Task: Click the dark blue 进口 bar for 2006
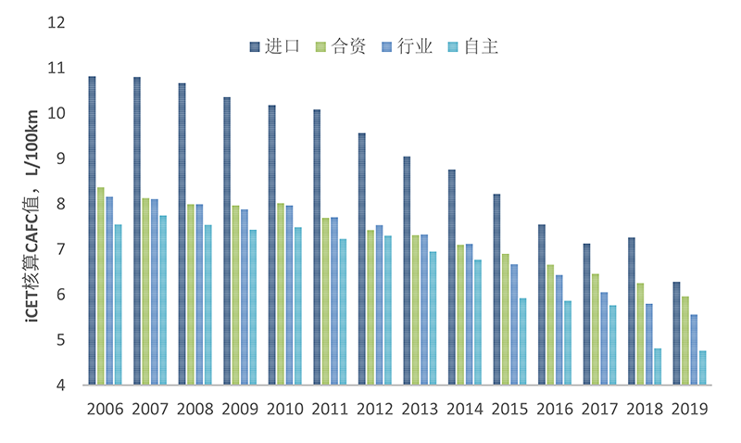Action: pyautogui.click(x=93, y=231)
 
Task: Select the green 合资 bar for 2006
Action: pyautogui.click(x=101, y=286)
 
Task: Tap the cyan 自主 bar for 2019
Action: pyautogui.click(x=703, y=368)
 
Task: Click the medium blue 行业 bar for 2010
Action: pyautogui.click(x=290, y=296)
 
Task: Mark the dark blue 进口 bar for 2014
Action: pyautogui.click(x=452, y=277)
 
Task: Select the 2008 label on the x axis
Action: pyautogui.click(x=195, y=409)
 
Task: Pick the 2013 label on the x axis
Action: pyautogui.click(x=420, y=409)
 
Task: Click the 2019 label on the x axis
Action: pyautogui.click(x=690, y=409)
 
